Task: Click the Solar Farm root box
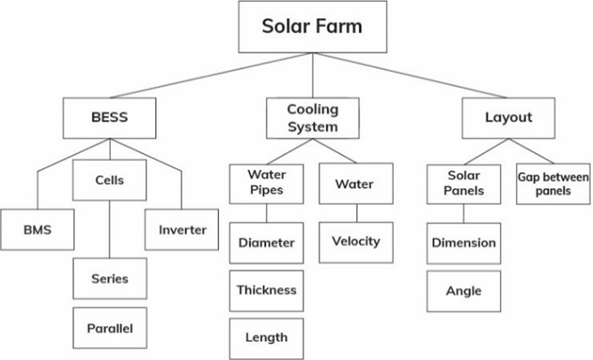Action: [312, 27]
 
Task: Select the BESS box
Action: [110, 118]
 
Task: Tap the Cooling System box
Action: [312, 118]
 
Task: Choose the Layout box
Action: [508, 118]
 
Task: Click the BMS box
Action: [38, 229]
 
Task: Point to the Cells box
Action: [110, 180]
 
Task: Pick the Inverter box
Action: [182, 229]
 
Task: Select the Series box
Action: [110, 278]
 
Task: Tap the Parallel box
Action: [110, 328]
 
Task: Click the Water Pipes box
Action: [266, 184]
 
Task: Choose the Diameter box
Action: [266, 243]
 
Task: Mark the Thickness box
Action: [266, 291]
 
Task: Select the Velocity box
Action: [356, 242]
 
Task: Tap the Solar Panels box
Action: [464, 184]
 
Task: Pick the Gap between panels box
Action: [553, 184]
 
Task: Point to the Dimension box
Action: [464, 243]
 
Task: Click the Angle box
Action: [464, 291]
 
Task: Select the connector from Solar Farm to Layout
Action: [411, 75]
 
